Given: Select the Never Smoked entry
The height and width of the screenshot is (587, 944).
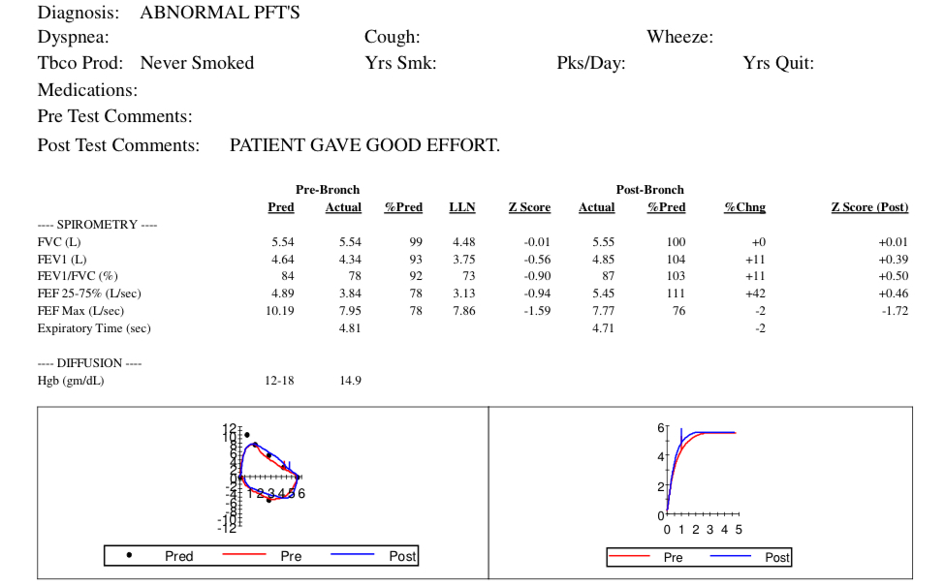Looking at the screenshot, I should tap(197, 63).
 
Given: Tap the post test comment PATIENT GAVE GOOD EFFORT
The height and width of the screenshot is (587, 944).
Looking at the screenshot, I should tap(364, 145).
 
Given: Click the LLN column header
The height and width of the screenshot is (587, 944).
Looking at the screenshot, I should tap(462, 207).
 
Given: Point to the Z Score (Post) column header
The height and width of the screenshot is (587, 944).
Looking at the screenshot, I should tap(869, 207).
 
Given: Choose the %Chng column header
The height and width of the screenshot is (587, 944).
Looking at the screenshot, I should tap(744, 207).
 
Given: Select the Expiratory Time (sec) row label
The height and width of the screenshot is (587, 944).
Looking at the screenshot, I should tap(94, 328).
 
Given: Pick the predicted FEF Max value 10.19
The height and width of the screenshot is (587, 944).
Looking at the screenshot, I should tap(279, 311).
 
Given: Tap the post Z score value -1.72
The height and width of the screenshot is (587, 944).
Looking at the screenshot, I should tap(893, 311).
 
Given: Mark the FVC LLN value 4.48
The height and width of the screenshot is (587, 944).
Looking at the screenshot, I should tap(464, 241).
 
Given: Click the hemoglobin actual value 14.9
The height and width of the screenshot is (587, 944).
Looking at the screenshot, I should tap(350, 381).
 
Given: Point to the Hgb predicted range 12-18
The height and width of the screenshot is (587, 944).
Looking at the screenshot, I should tap(279, 381).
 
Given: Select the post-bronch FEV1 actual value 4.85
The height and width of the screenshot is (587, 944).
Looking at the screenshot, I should tap(603, 259).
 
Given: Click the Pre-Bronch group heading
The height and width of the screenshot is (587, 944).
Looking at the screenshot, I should tap(327, 190).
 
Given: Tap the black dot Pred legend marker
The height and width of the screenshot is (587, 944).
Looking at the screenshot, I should tap(130, 556).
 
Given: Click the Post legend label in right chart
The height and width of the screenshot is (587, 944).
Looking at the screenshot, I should tap(777, 557).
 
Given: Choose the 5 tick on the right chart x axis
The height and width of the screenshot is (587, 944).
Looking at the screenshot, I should tap(739, 530).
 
